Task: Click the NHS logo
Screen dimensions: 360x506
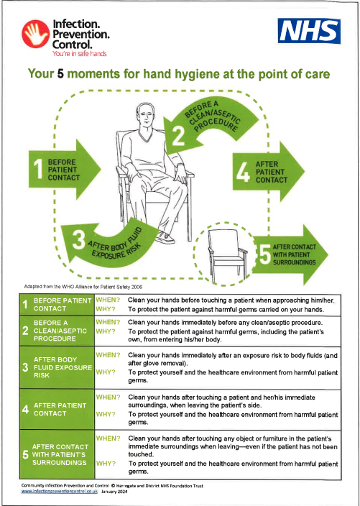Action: tap(309, 31)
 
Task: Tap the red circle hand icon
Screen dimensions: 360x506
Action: tap(36, 34)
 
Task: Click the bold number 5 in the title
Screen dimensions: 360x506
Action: tap(60, 74)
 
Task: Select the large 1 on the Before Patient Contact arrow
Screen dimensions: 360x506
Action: tap(38, 169)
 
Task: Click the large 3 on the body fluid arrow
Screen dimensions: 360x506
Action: tap(79, 239)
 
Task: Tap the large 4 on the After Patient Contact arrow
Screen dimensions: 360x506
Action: tap(243, 172)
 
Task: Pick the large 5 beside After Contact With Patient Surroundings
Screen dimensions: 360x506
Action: tap(265, 254)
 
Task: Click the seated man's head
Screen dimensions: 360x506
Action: tap(145, 117)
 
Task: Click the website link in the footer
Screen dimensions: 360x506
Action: tap(60, 492)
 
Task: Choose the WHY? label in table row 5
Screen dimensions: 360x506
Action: tap(106, 464)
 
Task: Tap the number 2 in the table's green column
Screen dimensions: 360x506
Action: tap(25, 331)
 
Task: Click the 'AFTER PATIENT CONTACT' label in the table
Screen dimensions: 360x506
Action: tap(60, 409)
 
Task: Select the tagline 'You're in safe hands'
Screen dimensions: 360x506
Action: tap(80, 53)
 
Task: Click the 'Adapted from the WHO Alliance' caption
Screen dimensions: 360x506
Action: tap(83, 287)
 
